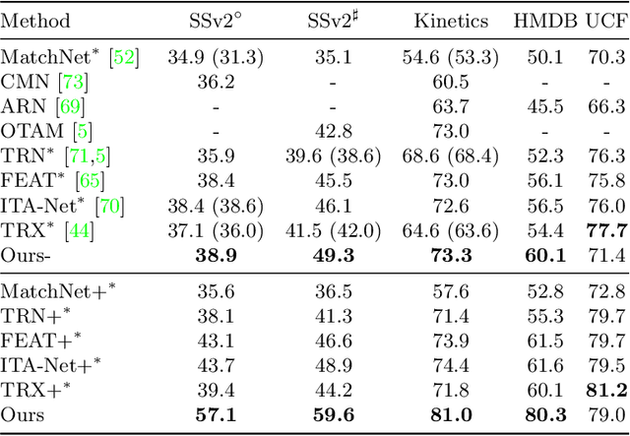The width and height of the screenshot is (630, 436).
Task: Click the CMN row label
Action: point(27,82)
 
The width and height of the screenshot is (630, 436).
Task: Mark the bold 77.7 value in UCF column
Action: point(605,230)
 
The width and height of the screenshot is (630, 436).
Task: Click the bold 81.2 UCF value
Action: point(605,389)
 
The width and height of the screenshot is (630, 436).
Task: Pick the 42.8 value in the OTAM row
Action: point(332,131)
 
